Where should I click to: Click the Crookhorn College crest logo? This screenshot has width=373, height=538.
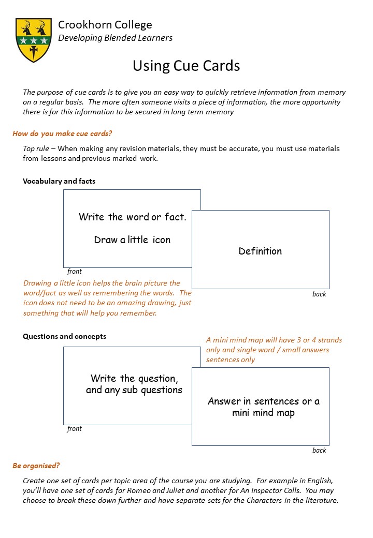[34, 39]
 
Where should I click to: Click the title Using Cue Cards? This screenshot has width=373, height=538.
[186, 66]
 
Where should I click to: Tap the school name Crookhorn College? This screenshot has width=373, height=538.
[105, 24]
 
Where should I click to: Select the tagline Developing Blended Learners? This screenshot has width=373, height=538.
[115, 38]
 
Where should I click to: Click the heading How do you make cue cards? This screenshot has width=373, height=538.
[62, 133]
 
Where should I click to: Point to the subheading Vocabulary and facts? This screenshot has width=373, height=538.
[59, 181]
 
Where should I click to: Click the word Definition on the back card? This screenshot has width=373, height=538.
[260, 251]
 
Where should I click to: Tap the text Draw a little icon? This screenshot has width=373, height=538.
[132, 240]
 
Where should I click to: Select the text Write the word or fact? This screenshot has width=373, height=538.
[132, 217]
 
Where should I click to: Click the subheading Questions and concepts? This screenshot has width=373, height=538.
[64, 336]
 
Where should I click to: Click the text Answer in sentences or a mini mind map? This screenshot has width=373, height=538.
[264, 407]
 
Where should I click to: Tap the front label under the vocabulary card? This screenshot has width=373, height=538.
[75, 271]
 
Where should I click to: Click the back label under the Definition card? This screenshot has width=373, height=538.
[319, 294]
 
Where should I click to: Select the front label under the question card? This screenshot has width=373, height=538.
[75, 428]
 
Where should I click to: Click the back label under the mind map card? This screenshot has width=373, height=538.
[319, 450]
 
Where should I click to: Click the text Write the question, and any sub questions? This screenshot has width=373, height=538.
[134, 384]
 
